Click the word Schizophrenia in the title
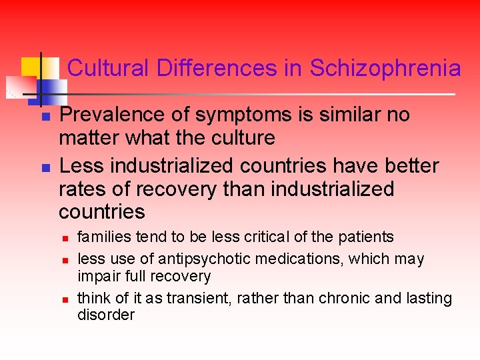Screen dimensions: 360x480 click(385, 68)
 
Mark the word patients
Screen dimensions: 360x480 click(367, 237)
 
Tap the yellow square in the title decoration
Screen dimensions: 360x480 click(31, 67)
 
